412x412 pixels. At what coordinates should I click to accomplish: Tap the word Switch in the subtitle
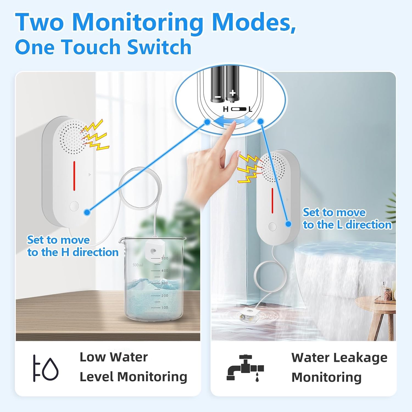tap(159, 47)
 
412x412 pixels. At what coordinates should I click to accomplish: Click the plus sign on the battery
tap(233, 93)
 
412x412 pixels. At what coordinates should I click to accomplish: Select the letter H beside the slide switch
tap(226, 109)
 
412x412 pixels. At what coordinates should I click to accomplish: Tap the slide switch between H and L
tap(238, 109)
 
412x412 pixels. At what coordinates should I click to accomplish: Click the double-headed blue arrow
tap(233, 121)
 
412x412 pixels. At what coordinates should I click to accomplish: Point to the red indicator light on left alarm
tap(74, 176)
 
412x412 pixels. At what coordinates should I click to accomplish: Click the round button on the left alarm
tap(74, 206)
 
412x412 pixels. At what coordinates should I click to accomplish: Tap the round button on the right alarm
tap(272, 227)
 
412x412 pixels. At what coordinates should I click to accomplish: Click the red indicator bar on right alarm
tap(272, 201)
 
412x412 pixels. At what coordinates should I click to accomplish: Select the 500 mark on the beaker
tap(165, 258)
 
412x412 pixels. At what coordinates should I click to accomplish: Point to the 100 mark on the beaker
tap(165, 307)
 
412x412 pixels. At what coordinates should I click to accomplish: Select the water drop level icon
tap(46, 368)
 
